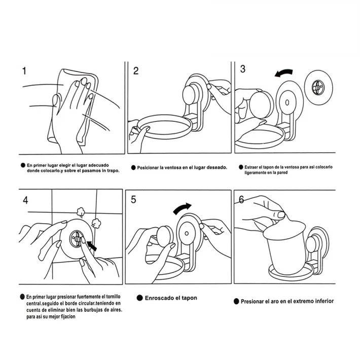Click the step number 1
[24, 71]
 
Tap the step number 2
[136, 71]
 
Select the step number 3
[243, 69]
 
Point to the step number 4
[25, 200]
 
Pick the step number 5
[133, 200]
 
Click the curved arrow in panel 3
[284, 73]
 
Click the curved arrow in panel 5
[183, 208]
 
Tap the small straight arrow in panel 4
[92, 246]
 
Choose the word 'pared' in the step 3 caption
[282, 173]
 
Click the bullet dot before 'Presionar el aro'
[236, 301]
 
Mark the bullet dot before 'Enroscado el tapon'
[139, 298]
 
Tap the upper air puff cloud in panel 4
[80, 211]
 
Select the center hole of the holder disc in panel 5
[187, 233]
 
